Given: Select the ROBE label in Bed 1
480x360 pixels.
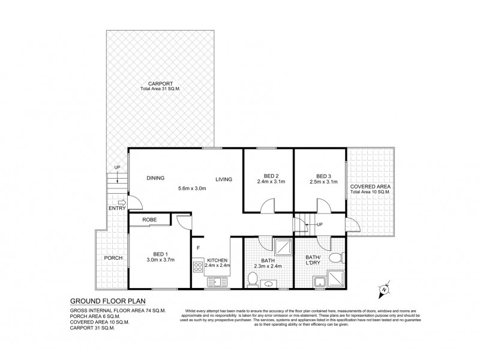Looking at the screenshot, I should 150,220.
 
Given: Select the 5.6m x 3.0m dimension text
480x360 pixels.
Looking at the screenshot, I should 192,189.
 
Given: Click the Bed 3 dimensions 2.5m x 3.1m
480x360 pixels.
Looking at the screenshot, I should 319,182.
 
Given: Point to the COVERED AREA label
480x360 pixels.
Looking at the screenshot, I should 370,187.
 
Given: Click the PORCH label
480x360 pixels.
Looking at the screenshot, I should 113,258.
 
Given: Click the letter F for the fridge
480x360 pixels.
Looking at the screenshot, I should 197,246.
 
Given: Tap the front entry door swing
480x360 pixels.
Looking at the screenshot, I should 136,204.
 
